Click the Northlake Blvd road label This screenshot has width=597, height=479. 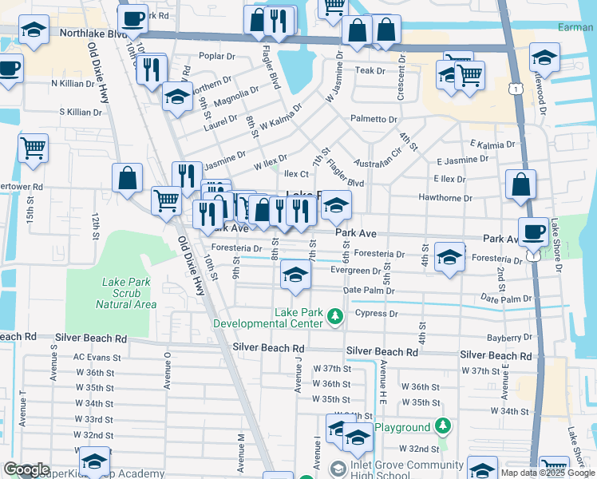pyautogui.click(x=93, y=35)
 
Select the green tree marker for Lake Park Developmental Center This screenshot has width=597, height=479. pyautogui.click(x=336, y=317)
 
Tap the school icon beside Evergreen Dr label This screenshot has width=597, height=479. pyautogui.click(x=295, y=276)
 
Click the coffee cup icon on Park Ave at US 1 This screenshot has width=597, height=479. pyautogui.click(x=534, y=232)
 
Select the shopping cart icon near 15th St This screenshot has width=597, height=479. pyautogui.click(x=33, y=147)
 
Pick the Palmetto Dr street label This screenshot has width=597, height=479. pyautogui.click(x=374, y=119)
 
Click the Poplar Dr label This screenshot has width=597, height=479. pyautogui.click(x=217, y=57)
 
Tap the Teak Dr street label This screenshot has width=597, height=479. pyautogui.click(x=370, y=71)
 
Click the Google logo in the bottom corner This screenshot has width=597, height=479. pyautogui.click(x=26, y=469)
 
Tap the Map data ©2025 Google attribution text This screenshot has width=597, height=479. pyautogui.click(x=547, y=473)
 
